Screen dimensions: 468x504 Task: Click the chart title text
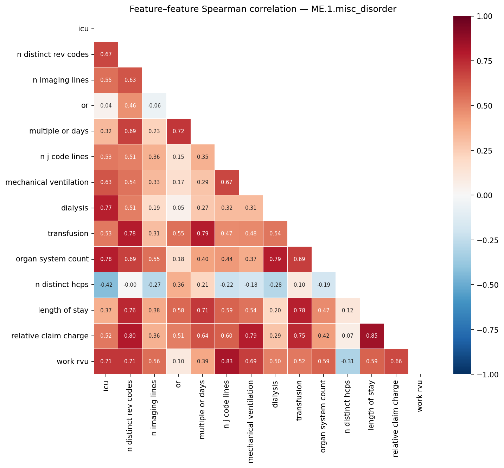(263, 9)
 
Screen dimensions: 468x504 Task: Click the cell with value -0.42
(106, 285)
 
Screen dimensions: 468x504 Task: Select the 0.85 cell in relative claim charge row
(372, 336)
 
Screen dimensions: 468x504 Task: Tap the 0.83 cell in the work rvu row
(227, 362)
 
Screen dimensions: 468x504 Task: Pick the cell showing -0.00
(130, 285)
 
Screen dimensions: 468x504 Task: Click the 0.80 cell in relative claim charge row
(130, 336)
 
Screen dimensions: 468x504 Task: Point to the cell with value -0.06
(154, 105)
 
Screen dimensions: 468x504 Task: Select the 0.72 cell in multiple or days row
(178, 131)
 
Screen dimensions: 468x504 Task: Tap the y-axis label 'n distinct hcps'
(62, 285)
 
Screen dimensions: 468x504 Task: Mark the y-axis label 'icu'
(83, 29)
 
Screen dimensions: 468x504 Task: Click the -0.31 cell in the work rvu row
(347, 362)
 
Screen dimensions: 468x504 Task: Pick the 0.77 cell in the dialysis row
(106, 208)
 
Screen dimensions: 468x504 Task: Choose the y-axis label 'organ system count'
(52, 259)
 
